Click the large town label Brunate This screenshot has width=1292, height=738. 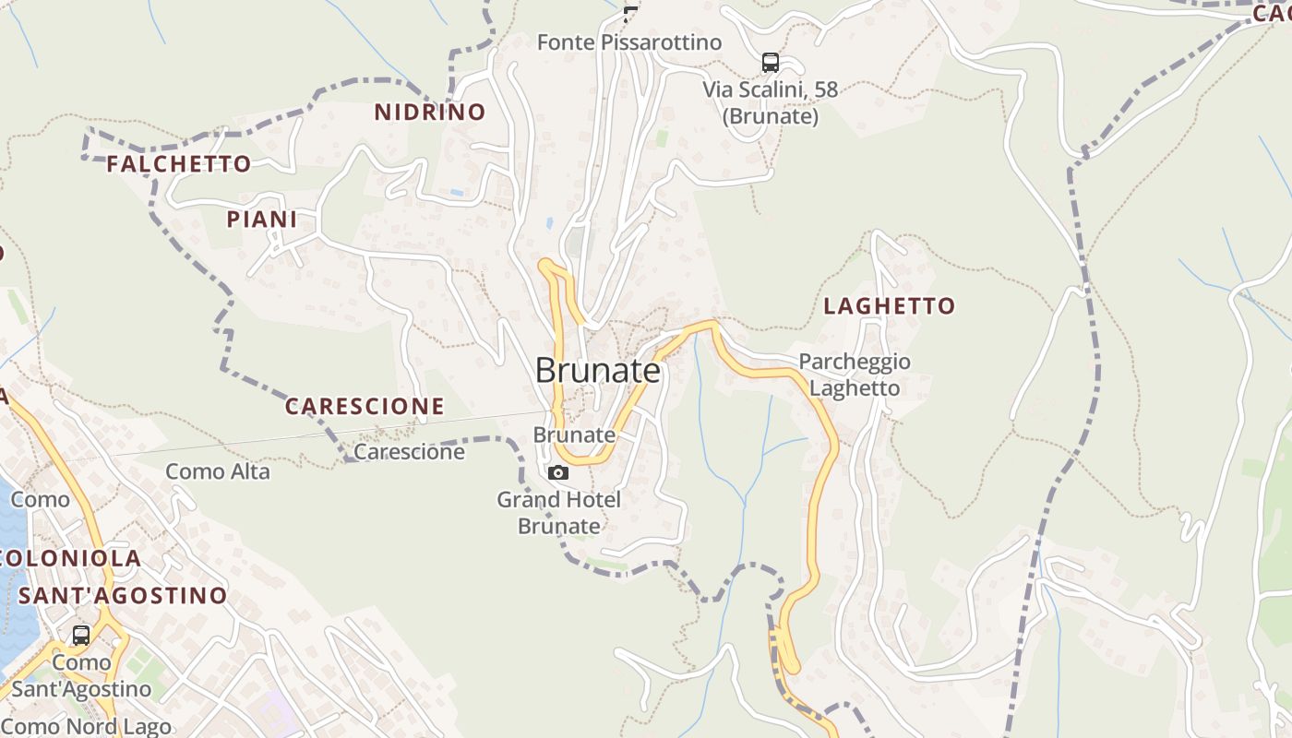click(598, 371)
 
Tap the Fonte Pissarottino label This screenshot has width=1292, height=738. click(629, 42)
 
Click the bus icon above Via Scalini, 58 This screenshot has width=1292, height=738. click(771, 63)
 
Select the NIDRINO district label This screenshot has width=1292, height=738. click(429, 113)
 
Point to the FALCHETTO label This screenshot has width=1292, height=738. click(179, 164)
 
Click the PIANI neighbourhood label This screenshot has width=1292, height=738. click(262, 220)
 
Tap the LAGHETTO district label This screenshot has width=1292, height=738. click(890, 306)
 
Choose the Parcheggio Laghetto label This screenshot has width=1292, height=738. click(855, 375)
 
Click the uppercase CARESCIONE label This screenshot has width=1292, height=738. click(365, 406)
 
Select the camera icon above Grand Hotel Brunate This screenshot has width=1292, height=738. click(558, 473)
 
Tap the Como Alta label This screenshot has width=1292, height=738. click(218, 472)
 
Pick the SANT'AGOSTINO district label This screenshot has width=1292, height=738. click(123, 595)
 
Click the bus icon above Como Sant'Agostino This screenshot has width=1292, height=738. click(81, 636)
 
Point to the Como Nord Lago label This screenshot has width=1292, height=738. click(87, 727)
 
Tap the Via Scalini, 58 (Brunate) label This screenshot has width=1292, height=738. click(771, 103)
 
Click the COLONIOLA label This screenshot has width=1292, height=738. click(73, 558)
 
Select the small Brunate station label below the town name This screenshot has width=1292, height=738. click(574, 434)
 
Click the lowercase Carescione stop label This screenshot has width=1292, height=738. click(410, 453)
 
